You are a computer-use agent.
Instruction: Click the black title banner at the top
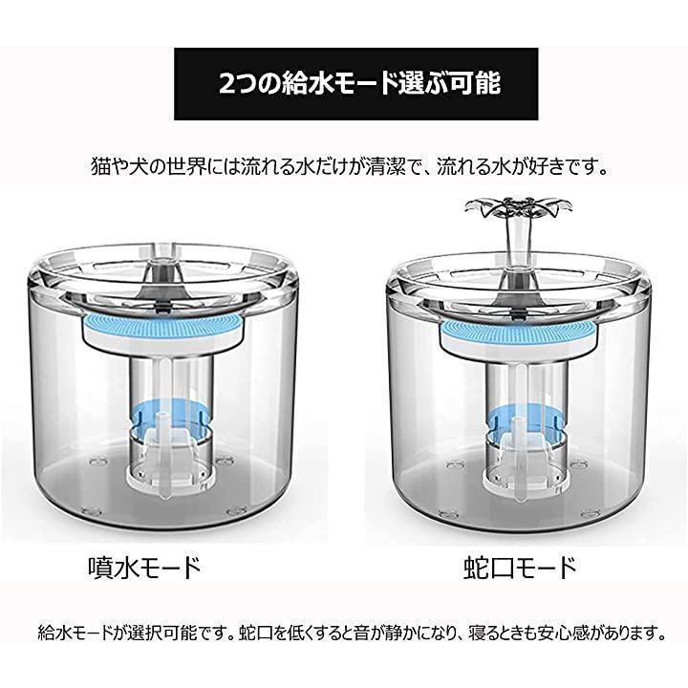(x=355, y=84)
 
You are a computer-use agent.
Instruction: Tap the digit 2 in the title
(x=227, y=83)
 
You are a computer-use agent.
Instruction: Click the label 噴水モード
(x=144, y=568)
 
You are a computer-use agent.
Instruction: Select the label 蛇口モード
(x=520, y=568)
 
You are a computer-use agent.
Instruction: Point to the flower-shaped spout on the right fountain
(x=519, y=206)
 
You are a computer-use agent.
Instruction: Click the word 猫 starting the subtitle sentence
(x=100, y=166)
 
